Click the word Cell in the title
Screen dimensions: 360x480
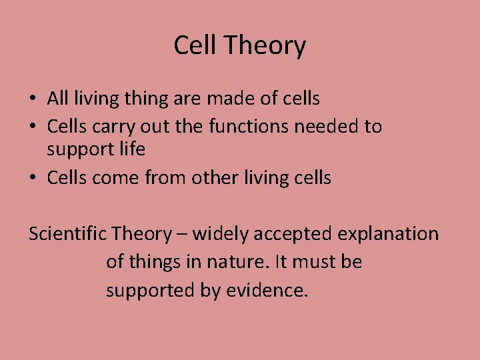196,45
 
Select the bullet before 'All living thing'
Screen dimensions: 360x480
33,99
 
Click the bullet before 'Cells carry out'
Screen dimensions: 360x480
33,127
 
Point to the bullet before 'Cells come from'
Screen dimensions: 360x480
33,178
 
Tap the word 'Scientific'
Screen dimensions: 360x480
67,233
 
